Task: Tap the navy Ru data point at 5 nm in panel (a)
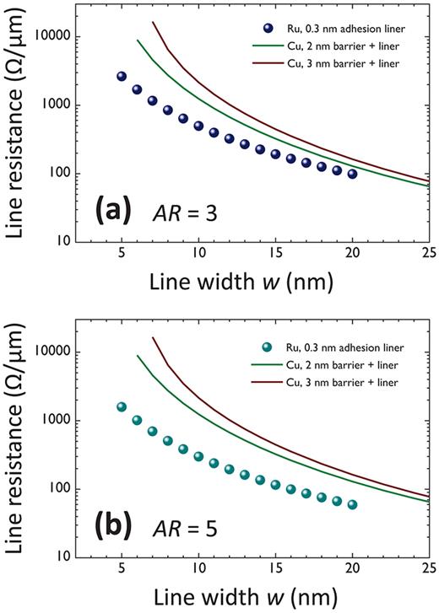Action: pos(122,77)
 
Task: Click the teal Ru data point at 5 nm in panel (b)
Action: pos(122,407)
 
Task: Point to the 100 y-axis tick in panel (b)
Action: pos(59,489)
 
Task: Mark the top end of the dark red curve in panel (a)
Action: pos(152,23)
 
